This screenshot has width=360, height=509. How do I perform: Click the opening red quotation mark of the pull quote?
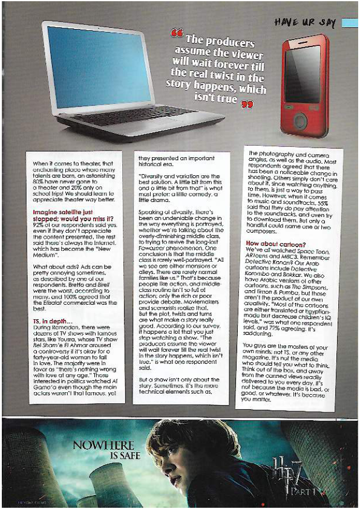point(177,32)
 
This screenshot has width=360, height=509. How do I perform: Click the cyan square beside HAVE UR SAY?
point(349,22)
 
